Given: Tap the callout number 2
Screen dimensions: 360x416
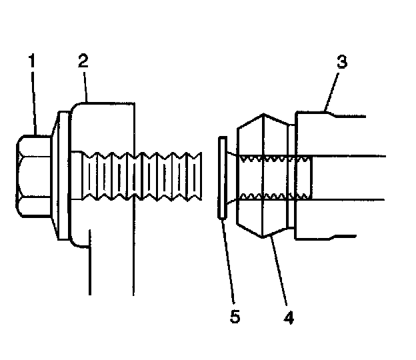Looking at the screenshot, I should tap(82, 63).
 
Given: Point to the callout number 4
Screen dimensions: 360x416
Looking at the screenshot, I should tap(287, 317).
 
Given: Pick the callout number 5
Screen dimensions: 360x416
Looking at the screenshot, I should tap(234, 317).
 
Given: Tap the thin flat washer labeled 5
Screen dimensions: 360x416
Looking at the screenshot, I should tap(221, 177).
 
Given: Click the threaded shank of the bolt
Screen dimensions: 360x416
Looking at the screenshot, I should tap(140, 177).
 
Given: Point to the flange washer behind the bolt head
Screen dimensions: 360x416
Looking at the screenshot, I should tap(61, 177).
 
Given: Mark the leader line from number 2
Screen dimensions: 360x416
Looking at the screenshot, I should tap(85, 86).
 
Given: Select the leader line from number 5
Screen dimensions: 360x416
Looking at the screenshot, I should tap(227, 260).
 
